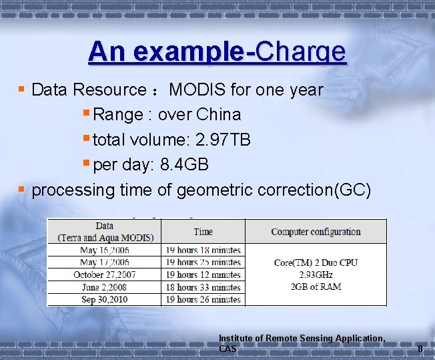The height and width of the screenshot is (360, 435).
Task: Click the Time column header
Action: point(203,232)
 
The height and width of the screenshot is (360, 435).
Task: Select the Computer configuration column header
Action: point(316,232)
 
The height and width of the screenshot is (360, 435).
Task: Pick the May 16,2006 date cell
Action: point(105,250)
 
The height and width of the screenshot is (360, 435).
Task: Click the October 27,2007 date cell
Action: point(105,275)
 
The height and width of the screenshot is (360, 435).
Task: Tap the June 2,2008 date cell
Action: point(105,287)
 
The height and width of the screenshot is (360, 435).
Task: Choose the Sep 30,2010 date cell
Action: point(105,299)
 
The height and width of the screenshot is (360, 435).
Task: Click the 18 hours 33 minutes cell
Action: point(203,287)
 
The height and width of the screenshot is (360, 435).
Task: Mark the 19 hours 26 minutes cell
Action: point(203,299)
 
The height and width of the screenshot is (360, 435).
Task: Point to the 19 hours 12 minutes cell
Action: point(203,275)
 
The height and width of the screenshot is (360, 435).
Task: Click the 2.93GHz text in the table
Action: point(316,275)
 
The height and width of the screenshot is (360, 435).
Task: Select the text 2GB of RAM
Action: point(316,287)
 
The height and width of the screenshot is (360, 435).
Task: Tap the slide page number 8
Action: point(420,349)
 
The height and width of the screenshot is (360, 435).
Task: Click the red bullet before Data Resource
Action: point(22,89)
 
